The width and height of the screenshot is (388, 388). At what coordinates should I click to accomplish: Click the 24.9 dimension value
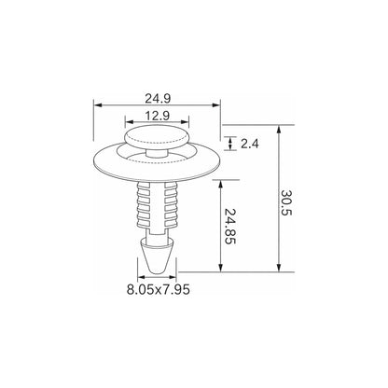pyautogui.click(x=158, y=99)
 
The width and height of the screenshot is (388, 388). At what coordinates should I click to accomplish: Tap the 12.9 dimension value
pyautogui.click(x=158, y=116)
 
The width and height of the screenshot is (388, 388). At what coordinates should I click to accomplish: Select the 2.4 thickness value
pyautogui.click(x=250, y=144)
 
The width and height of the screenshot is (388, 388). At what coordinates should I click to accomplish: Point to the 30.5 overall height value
pyautogui.click(x=286, y=202)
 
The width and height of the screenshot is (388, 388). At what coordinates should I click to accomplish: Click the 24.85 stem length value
pyautogui.click(x=230, y=227)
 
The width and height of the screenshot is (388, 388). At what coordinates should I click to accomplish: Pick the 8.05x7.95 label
pyautogui.click(x=159, y=290)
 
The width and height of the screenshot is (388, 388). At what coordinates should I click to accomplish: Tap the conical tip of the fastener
pyautogui.click(x=157, y=256)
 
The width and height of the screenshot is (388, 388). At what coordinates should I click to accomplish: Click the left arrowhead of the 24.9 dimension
pyautogui.click(x=98, y=105)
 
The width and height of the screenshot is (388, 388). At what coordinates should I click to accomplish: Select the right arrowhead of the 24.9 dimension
pyautogui.click(x=216, y=105)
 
